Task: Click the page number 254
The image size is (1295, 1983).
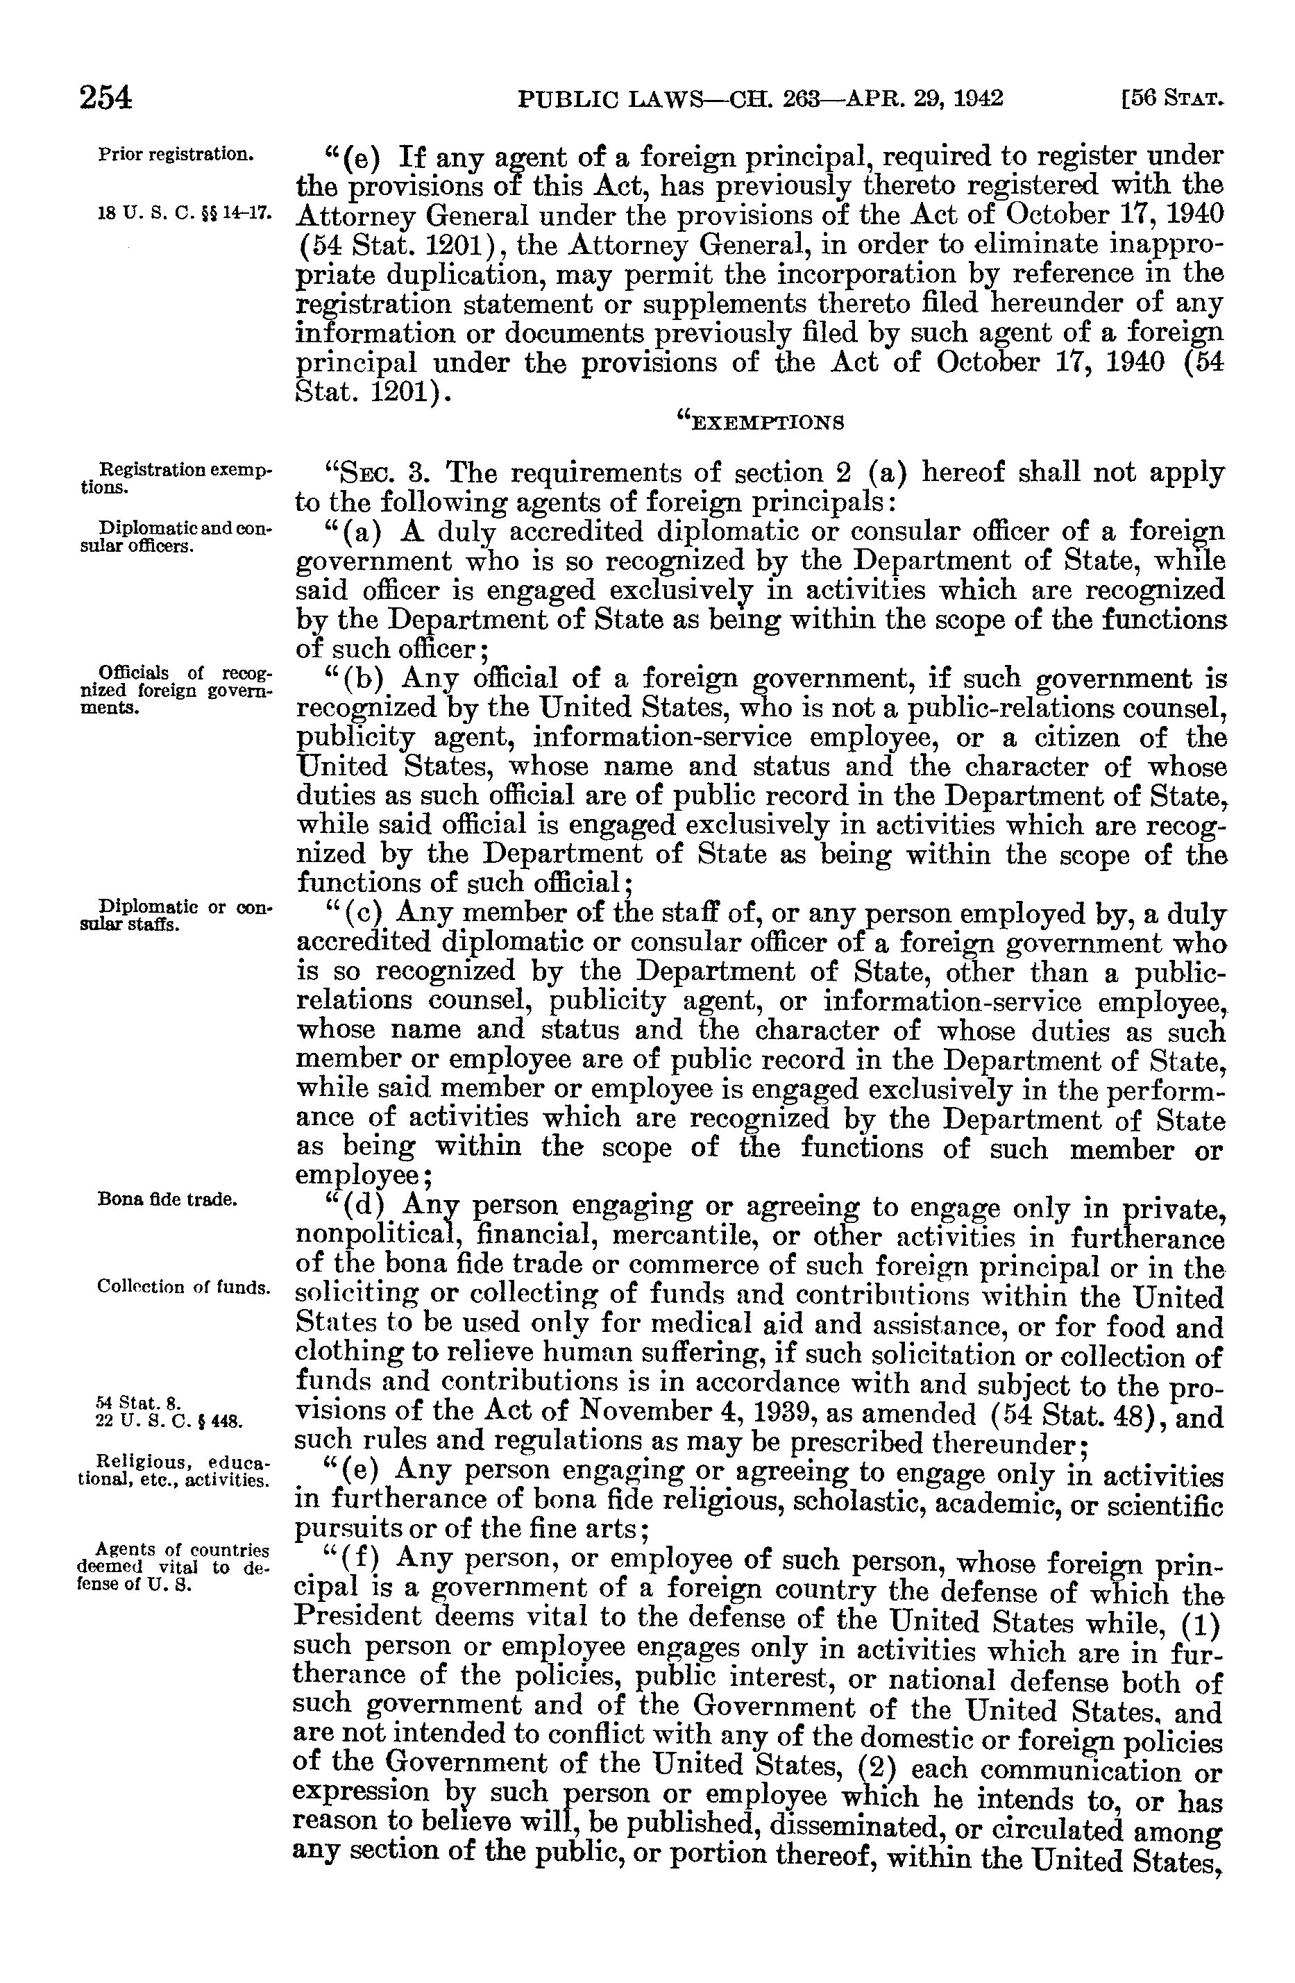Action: (x=105, y=99)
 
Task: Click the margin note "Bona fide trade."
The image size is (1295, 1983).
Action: (x=167, y=1200)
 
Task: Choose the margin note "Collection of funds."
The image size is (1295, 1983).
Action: (x=183, y=1285)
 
